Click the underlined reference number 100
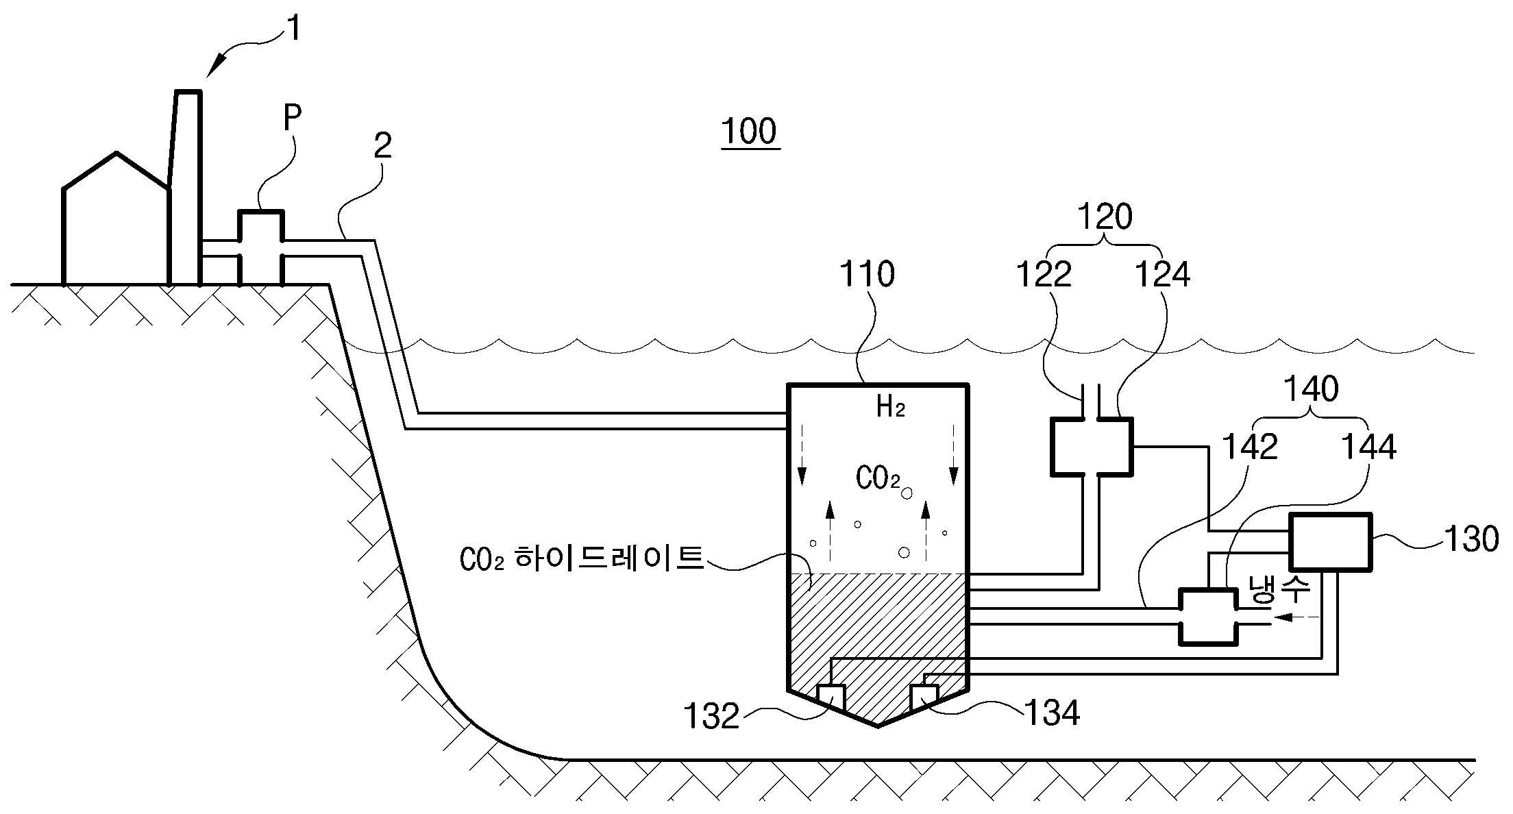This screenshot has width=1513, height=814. pos(750,132)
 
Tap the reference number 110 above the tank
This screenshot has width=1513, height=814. pos(867,274)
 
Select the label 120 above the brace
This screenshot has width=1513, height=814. pos(1105,217)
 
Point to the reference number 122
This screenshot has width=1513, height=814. pos(1043,275)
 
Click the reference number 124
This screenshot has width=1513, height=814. pos(1163,275)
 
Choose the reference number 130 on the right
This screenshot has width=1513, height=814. pos(1471,540)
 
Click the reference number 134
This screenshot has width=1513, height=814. pos(1052,713)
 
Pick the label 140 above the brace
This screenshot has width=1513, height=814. pos(1310,389)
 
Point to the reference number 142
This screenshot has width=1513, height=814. pos(1251,447)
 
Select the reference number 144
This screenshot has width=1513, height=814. pos(1368,447)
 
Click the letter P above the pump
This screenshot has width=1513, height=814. pos(293,118)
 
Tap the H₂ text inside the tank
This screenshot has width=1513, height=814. pos(891,407)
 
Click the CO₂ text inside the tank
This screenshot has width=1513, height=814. pos(878,478)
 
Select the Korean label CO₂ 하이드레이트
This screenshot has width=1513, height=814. pos(582,559)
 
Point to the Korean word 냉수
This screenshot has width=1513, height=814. pos(1279,589)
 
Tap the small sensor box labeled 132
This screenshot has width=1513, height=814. pos(831,698)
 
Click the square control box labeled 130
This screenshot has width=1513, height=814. pos(1330,541)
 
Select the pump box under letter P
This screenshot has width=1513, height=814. pos(261,247)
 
